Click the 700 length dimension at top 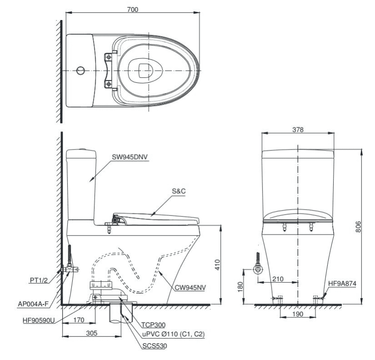[133, 9]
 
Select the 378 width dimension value [298, 129]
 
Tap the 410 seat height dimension [217, 264]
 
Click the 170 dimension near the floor [79, 320]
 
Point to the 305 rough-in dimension [92, 333]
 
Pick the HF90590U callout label [39, 320]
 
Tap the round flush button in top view [80, 70]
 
